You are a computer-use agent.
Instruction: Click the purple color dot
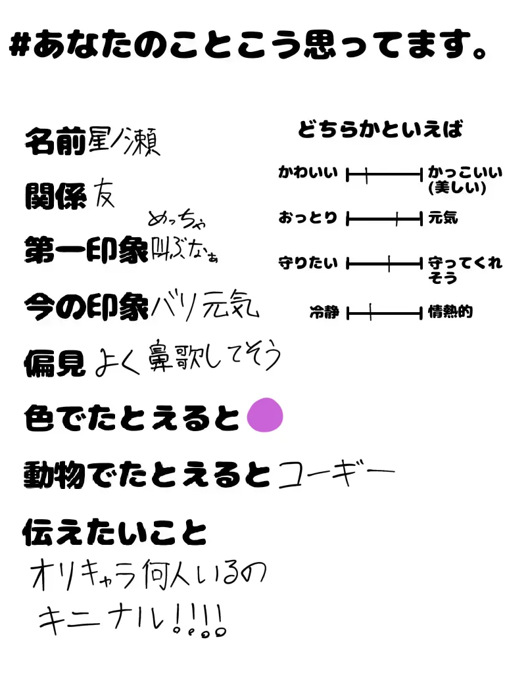(x=264, y=415)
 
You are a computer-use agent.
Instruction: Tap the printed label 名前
(x=55, y=141)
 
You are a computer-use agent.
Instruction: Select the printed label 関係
(x=55, y=196)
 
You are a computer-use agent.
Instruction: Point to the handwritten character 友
(x=103, y=193)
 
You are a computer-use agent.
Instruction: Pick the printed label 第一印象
(x=85, y=250)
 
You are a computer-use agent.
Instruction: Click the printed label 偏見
(x=55, y=361)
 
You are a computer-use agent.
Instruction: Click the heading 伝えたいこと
(x=115, y=532)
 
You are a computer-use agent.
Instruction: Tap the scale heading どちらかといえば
(x=380, y=129)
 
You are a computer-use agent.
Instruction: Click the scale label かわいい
(x=308, y=174)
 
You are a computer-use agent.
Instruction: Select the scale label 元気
(x=443, y=218)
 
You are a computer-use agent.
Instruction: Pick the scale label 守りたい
(x=308, y=264)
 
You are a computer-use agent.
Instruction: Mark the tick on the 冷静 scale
(x=371, y=313)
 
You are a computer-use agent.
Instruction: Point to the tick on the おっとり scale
(x=397, y=218)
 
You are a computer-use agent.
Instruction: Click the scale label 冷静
(x=324, y=313)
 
